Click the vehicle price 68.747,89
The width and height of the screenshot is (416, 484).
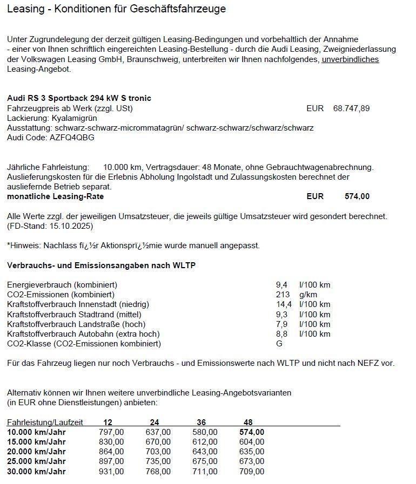click(x=351, y=108)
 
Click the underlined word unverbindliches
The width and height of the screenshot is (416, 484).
click(x=350, y=59)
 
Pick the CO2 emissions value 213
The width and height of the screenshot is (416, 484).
click(x=283, y=295)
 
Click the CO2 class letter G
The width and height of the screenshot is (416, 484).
click(x=279, y=344)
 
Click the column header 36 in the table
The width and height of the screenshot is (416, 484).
click(x=202, y=422)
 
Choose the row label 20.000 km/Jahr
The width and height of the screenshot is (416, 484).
click(x=36, y=452)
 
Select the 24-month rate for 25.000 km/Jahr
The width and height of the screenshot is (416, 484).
click(x=158, y=461)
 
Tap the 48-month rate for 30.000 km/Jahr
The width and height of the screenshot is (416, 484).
click(x=252, y=471)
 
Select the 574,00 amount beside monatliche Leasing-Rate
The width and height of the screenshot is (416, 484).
click(x=357, y=196)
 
